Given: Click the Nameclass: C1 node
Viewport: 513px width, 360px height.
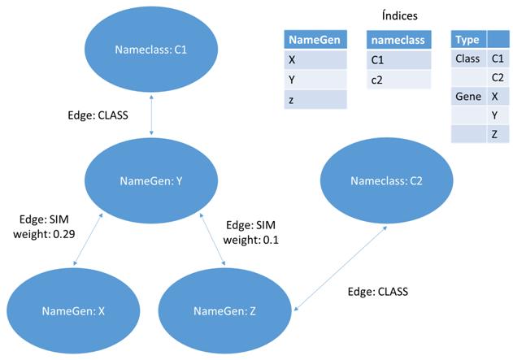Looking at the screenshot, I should coord(152,50).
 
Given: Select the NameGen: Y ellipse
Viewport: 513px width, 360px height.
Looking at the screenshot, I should coord(152,181).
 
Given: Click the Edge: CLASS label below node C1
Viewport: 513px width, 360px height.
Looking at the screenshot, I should coord(103,115).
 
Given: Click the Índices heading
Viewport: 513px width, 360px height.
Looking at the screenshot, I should coord(399,15).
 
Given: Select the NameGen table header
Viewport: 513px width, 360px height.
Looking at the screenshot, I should coord(315,40).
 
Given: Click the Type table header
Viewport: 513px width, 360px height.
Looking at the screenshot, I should coord(469,40).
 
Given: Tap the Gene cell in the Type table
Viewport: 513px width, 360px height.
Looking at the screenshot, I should coord(469,96).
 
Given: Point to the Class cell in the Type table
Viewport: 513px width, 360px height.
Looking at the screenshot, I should coord(469,59).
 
